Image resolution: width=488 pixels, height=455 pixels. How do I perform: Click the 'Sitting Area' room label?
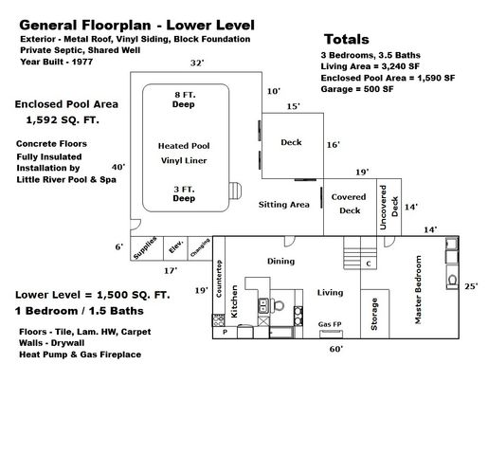click(x=285, y=204)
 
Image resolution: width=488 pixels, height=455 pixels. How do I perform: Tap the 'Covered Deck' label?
click(x=351, y=204)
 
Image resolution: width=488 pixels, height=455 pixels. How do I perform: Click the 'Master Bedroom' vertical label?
click(x=416, y=290)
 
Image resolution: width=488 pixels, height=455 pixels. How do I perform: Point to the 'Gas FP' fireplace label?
click(x=331, y=323)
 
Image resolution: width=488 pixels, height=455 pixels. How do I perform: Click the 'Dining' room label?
click(x=280, y=261)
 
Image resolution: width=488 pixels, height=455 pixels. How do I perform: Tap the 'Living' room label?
click(x=330, y=293)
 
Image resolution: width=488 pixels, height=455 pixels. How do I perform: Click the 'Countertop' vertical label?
click(x=219, y=280)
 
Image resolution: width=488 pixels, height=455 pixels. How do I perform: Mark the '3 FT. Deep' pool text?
click(x=184, y=194)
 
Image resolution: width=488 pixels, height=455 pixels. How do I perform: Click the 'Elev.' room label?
click(x=175, y=248)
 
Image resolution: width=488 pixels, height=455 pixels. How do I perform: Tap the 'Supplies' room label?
click(x=145, y=247)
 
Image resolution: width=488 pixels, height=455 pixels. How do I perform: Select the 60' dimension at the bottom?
click(x=335, y=349)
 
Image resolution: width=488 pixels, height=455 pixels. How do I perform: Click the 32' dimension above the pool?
click(x=196, y=63)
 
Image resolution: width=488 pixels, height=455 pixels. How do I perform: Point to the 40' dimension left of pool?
click(x=117, y=166)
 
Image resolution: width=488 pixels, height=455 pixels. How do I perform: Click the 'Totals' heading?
click(x=348, y=40)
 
